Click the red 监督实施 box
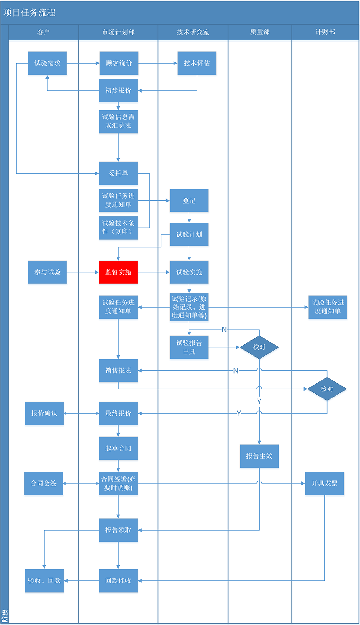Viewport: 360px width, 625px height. (118, 272)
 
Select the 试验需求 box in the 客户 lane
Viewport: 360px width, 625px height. (47, 63)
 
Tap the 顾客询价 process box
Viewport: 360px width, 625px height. (119, 63)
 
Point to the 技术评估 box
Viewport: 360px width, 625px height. (197, 63)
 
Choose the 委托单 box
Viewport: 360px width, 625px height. (118, 173)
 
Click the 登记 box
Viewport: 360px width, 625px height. (189, 200)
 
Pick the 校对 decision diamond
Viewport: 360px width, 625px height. (259, 347)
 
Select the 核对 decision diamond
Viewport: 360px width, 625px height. (327, 389)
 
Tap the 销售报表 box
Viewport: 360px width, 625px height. (118, 370)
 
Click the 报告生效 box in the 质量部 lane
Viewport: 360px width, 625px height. (259, 456)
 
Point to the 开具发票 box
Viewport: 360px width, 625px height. (324, 483)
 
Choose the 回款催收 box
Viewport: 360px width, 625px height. (118, 580)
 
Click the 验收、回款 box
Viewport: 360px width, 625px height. (44, 580)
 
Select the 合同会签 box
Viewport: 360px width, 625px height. (44, 483)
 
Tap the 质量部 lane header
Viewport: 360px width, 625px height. (260, 32)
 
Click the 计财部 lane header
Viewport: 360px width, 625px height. (325, 32)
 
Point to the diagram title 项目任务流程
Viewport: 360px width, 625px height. (29, 13)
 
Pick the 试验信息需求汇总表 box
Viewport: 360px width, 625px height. (118, 121)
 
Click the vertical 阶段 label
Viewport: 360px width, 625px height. (4, 616)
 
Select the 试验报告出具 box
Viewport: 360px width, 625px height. (189, 347)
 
